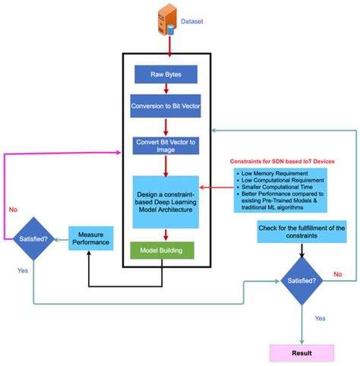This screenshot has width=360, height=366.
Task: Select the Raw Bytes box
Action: (166, 75)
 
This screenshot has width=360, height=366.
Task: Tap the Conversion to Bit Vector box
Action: (166, 106)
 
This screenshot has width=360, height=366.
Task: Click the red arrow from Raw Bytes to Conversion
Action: (166, 90)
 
